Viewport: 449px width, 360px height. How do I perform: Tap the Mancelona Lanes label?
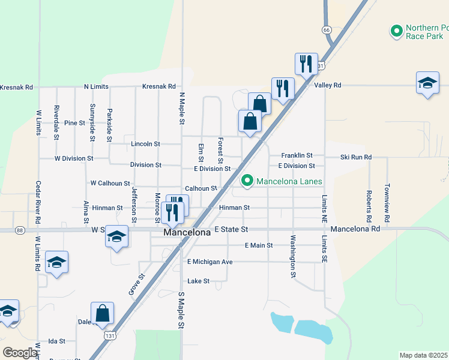289,181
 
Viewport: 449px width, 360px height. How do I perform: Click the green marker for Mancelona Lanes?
246,180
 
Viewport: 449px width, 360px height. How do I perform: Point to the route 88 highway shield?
20,230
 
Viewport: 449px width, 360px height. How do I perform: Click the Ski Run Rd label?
356,157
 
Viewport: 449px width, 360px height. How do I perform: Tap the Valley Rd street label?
328,85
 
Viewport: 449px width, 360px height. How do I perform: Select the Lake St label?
198,281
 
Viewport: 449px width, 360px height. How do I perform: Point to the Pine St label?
75,122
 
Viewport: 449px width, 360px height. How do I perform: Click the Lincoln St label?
145,144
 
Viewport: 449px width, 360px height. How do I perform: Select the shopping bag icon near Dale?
102,313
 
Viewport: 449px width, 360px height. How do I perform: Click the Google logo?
19,353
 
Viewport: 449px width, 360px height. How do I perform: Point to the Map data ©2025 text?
423,355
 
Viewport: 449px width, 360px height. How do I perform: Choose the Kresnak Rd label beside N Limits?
158,86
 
